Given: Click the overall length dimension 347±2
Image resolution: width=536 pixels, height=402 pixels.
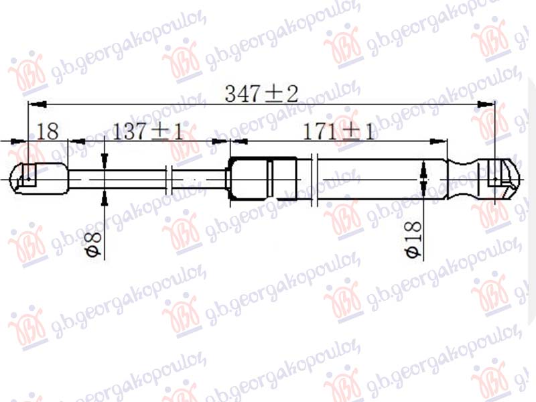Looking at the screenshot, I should [261, 94].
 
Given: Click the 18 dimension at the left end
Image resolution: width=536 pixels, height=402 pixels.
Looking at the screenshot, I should [48, 131].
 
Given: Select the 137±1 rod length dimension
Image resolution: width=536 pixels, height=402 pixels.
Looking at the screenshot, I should [148, 131].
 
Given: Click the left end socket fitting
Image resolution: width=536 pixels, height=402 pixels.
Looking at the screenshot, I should [39, 178].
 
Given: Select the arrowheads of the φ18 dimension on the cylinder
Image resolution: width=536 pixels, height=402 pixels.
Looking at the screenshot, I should [423, 178].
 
